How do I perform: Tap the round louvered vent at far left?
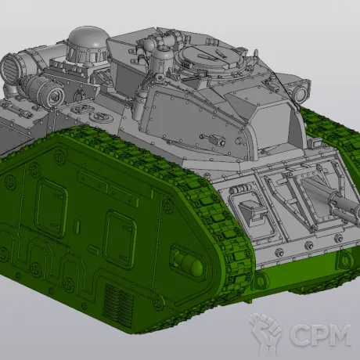tap(10, 67)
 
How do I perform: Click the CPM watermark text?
tap(320, 335)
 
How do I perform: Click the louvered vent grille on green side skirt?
tap(118, 303)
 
